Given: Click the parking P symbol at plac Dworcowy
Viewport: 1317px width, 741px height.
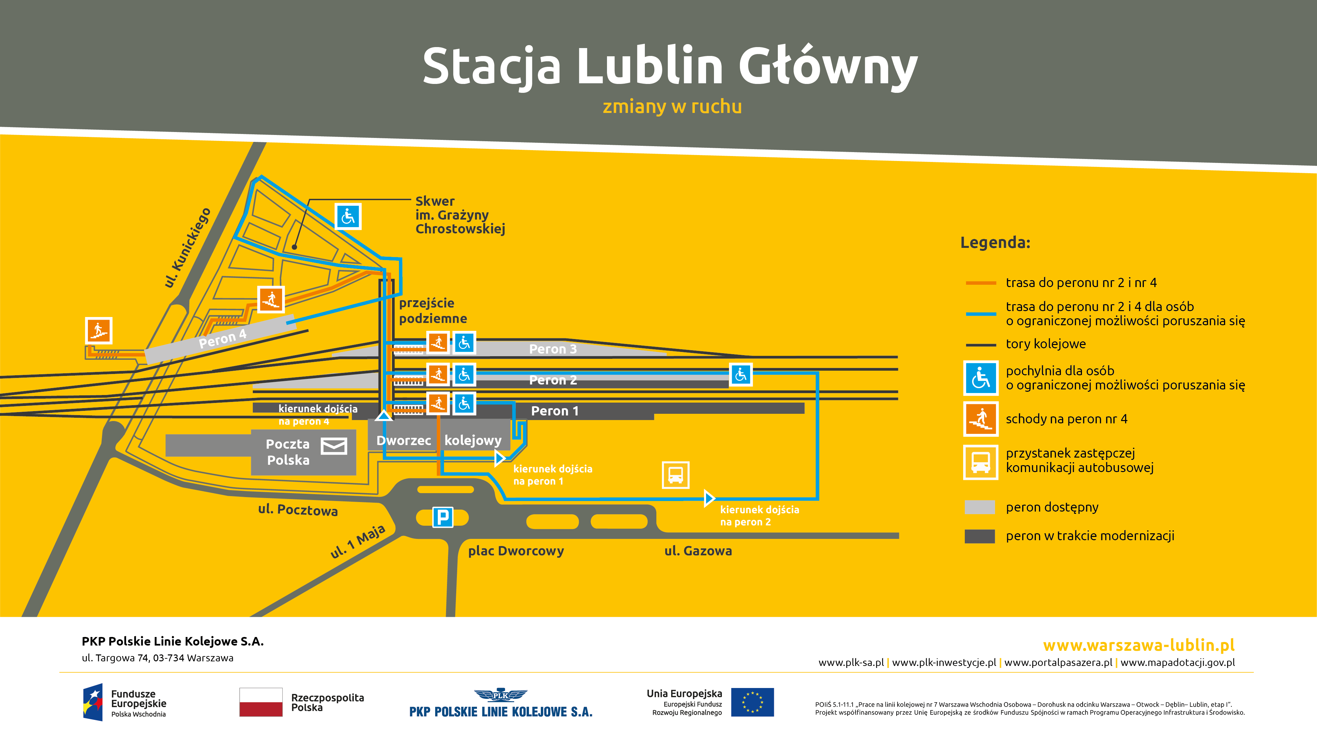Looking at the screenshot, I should (x=443, y=517).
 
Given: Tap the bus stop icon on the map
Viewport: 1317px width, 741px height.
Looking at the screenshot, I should (x=675, y=475).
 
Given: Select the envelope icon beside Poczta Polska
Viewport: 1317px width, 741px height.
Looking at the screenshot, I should (x=334, y=446).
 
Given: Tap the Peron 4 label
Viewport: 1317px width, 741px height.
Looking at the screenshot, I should (x=223, y=338).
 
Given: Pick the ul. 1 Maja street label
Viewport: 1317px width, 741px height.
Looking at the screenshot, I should (x=357, y=541).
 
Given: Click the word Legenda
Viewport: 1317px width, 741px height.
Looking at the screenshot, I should (x=995, y=242).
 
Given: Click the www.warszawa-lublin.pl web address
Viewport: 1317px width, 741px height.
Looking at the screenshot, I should (x=1139, y=645).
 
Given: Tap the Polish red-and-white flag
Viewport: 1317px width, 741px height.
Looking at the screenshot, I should (x=261, y=702).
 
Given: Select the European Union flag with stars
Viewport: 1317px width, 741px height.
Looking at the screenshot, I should (x=752, y=702).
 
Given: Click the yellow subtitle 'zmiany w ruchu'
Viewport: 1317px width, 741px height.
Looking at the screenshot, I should (x=672, y=106).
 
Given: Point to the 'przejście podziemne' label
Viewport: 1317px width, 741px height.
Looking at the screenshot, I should (x=433, y=310).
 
